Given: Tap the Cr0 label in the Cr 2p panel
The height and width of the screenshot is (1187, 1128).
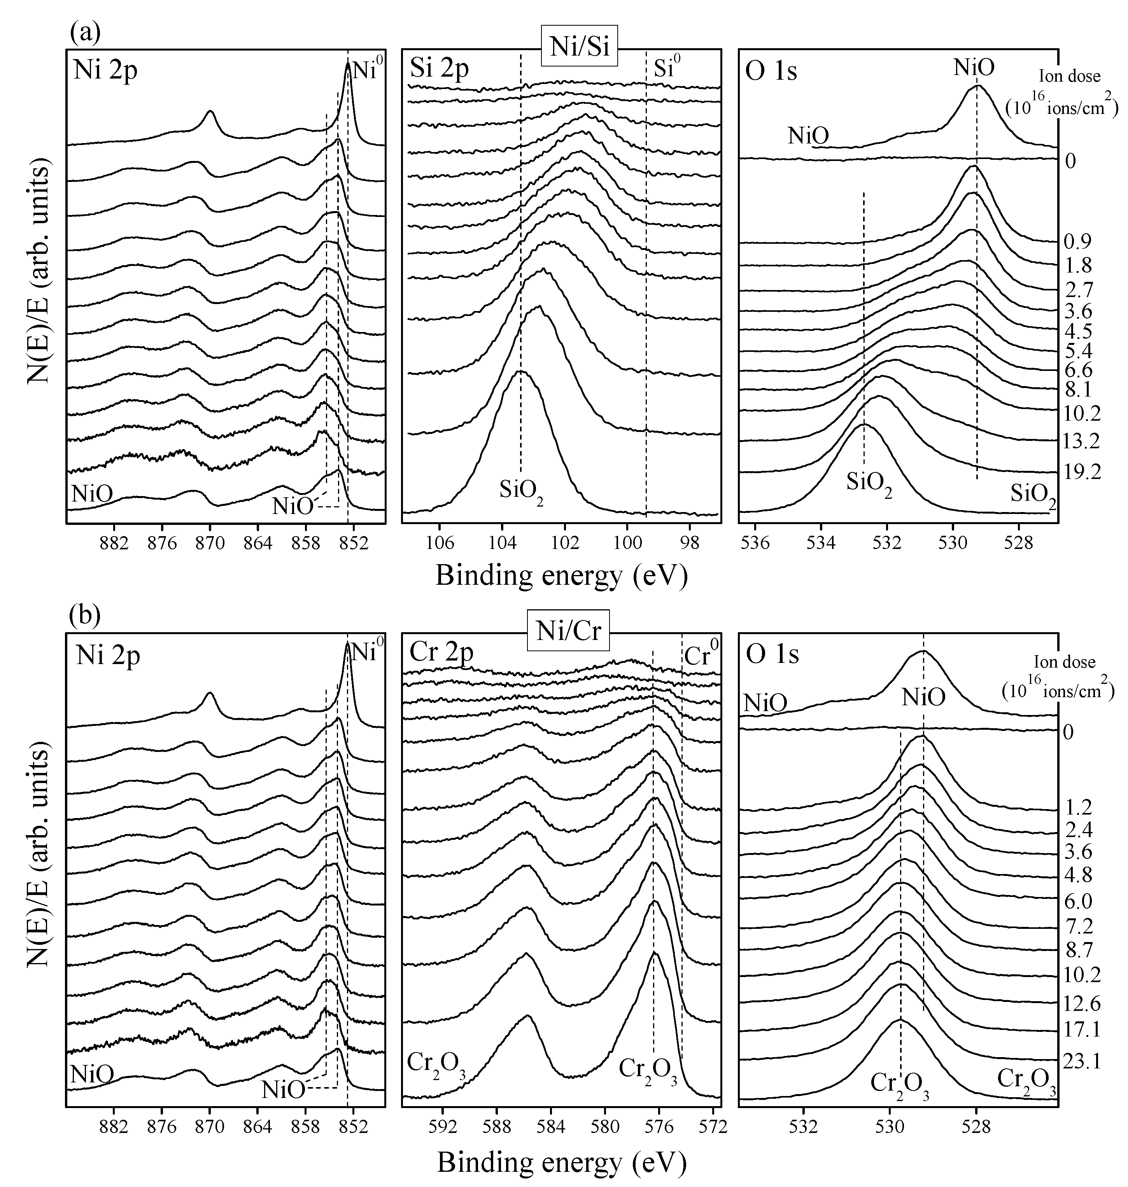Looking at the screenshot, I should [x=701, y=653].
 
